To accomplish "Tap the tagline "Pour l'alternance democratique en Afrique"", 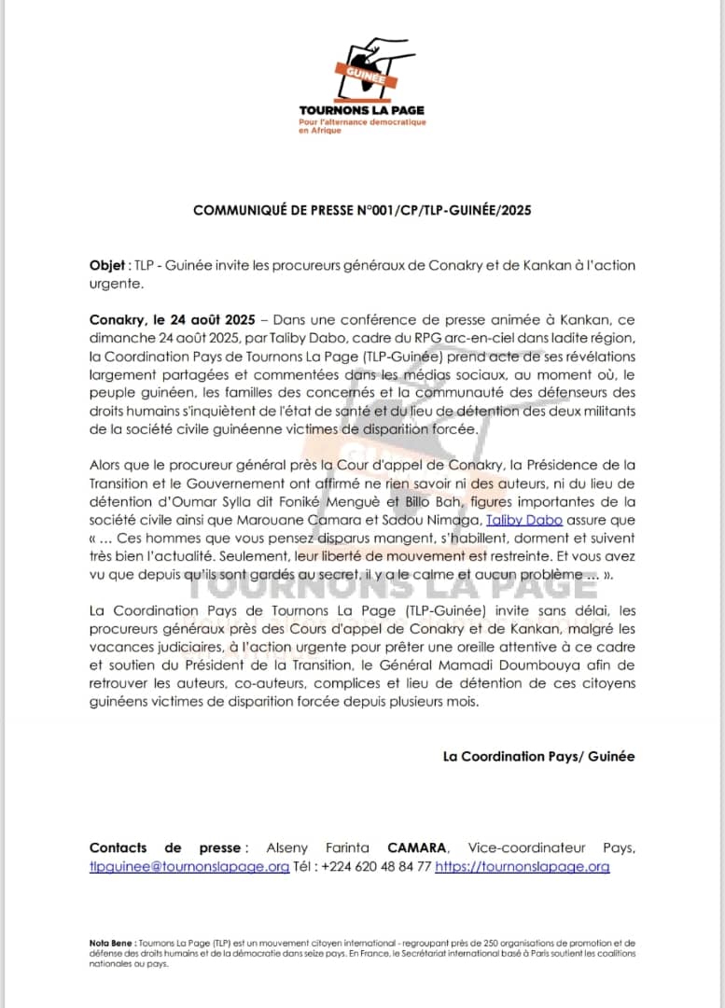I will click(362, 125).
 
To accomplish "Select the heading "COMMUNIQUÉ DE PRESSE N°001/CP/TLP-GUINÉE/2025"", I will click(362, 211).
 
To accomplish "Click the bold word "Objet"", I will click(107, 265).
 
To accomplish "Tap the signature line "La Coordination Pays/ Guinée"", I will click(538, 756).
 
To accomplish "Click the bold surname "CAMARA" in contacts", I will click(417, 847).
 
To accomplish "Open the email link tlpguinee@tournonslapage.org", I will click(189, 866).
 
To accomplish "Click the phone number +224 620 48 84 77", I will click(377, 866).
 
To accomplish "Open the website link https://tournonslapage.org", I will click(523, 866).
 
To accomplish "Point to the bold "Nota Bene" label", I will click(112, 943).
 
